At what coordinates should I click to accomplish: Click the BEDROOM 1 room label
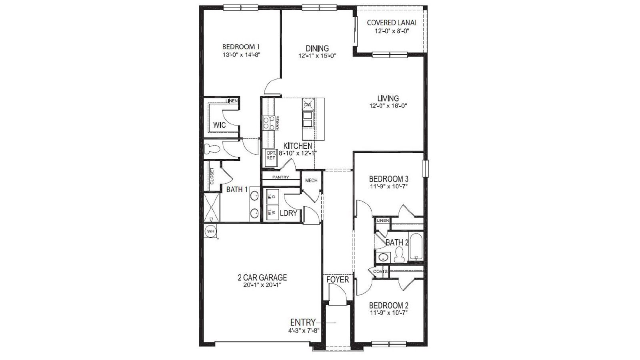[241, 46]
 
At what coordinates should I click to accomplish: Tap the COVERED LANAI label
[392, 23]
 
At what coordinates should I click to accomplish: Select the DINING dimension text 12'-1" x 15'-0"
[317, 56]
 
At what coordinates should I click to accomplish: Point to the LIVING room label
[388, 98]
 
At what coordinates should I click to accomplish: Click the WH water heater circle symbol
[210, 231]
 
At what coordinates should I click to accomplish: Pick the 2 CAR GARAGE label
[262, 277]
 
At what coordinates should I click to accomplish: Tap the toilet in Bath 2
[399, 254]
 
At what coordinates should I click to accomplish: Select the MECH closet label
[311, 180]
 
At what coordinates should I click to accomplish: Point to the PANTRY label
[280, 177]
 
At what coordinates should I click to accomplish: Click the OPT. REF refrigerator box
[271, 156]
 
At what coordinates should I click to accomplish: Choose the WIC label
[219, 125]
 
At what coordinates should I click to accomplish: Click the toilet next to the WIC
[212, 150]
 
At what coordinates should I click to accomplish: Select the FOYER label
[338, 279]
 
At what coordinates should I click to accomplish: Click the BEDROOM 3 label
[388, 178]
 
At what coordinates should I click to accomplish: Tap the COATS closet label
[380, 271]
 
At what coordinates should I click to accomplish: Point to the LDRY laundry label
[288, 213]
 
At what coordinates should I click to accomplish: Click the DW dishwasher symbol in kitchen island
[308, 104]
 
